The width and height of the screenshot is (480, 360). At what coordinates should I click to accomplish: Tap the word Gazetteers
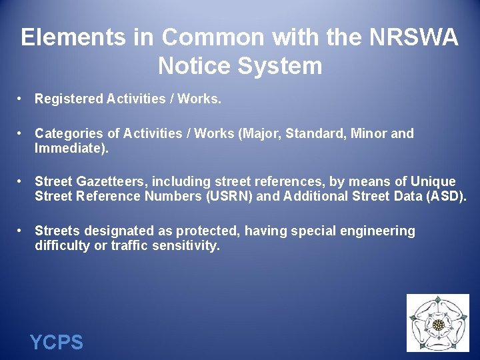110,181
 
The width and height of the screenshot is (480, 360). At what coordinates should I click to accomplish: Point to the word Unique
433,181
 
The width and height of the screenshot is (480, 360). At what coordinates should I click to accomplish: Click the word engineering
377,231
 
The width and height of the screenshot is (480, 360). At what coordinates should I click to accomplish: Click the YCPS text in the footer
57,343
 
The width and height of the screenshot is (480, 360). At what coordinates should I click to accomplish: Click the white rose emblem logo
437,323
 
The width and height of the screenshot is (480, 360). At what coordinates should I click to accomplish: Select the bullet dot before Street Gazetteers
21,181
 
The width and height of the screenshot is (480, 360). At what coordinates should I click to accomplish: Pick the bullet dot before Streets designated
21,230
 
